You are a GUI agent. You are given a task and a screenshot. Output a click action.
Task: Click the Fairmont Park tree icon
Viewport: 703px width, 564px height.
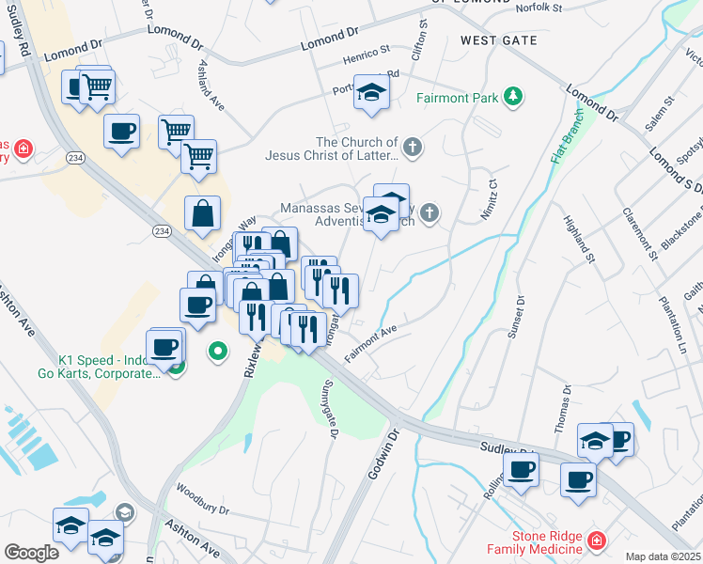tap(513, 95)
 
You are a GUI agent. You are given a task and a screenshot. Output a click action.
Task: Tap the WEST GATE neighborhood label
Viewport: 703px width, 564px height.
tap(499, 40)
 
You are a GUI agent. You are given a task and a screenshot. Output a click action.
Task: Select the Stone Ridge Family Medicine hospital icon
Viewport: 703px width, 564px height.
tap(595, 540)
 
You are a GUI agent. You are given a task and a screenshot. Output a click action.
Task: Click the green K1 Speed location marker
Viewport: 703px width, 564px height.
tap(218, 352)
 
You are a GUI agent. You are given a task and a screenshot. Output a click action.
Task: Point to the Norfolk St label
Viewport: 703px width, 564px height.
tap(539, 8)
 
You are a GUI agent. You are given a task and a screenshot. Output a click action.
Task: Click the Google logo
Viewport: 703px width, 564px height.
tap(31, 553)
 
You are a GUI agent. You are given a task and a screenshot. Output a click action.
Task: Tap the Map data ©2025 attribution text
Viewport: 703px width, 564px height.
tap(663, 556)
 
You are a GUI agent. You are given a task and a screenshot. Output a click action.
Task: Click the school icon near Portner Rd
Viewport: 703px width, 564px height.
tap(372, 91)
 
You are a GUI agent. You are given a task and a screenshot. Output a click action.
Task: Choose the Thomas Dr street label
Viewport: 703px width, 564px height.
tap(563, 408)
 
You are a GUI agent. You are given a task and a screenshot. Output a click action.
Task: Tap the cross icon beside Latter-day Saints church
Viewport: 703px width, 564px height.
tap(412, 146)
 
